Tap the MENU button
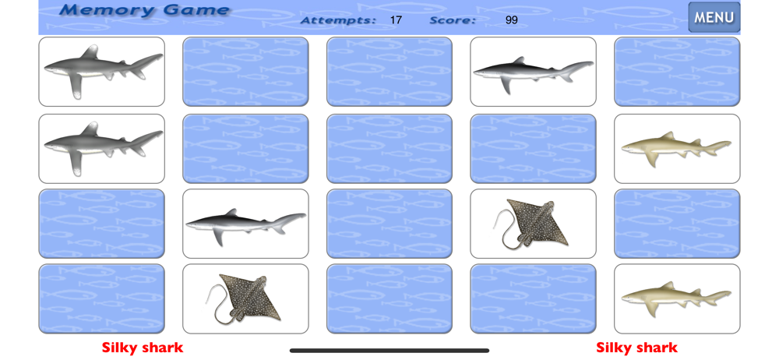tap(714, 17)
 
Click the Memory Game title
tap(145, 10)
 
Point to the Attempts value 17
tap(396, 20)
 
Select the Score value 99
tap(511, 20)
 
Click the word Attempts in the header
tap(338, 20)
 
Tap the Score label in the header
tap(453, 20)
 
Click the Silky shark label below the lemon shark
tap(637, 348)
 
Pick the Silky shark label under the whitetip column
tap(143, 348)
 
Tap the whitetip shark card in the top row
tap(101, 72)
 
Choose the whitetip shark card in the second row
tap(101, 149)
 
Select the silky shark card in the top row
tap(533, 72)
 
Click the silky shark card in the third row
tap(245, 224)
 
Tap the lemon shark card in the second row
tap(677, 149)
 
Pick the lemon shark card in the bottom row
tap(677, 299)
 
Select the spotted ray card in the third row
tap(533, 224)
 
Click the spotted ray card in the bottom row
tap(245, 299)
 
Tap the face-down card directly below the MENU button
tap(677, 72)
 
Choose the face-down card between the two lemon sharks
tap(677, 224)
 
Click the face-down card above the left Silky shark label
tap(101, 299)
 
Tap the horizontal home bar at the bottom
tap(389, 351)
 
